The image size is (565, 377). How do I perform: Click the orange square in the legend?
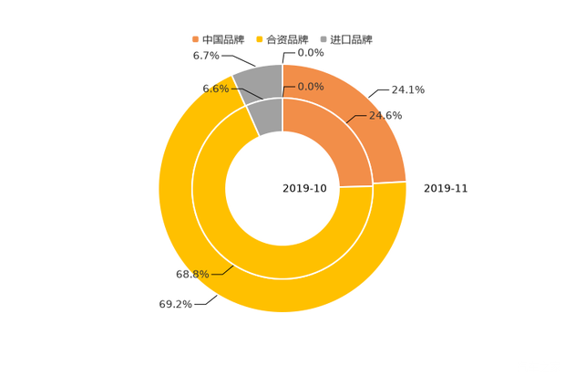coord(195,39)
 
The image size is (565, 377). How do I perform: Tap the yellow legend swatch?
coord(260,39)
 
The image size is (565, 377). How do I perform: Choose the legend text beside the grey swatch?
coord(352,39)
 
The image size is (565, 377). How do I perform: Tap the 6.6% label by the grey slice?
coord(215,89)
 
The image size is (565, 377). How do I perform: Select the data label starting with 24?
coord(385,116)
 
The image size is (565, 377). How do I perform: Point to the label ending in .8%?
coord(192,274)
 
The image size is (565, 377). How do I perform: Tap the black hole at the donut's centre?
coord(282,189)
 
